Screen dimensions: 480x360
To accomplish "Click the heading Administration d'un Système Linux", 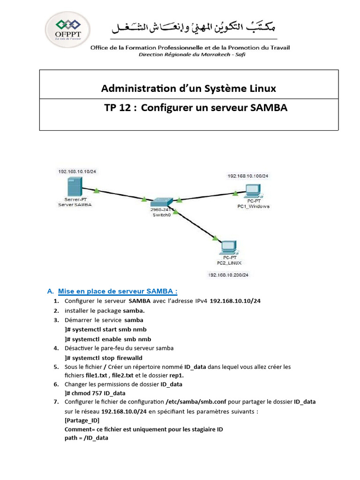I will pyautogui.click(x=188, y=88).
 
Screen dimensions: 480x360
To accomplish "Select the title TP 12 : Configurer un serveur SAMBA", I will pyautogui.click(x=195, y=108).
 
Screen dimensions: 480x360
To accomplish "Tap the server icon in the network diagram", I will pyautogui.click(x=75, y=188).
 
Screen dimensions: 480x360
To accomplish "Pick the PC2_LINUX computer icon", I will pyautogui.click(x=229, y=247).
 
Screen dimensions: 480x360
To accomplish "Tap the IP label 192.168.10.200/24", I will pyautogui.click(x=228, y=275).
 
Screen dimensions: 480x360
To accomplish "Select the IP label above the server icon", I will pyautogui.click(x=77, y=171).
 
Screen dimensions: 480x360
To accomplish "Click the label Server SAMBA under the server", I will pyautogui.click(x=75, y=205).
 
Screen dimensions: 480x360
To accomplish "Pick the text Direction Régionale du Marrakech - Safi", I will pyautogui.click(x=192, y=54).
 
